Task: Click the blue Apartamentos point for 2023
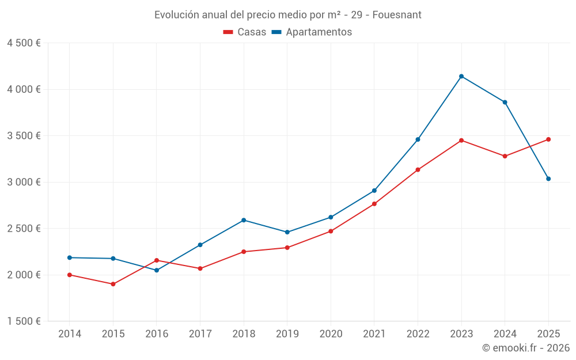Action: pos(461,76)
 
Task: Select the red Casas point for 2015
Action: pos(113,284)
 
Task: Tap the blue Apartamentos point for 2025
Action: pos(548,179)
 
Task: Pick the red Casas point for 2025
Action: pos(548,139)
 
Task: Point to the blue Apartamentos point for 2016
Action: pos(157,270)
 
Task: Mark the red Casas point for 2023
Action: pos(461,140)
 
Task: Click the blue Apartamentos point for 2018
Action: pos(244,220)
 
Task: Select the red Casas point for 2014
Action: pos(70,275)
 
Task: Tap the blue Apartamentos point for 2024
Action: pos(505,102)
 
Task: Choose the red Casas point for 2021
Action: pos(374,204)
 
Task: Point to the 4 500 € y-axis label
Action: pos(24,43)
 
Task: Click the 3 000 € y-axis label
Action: pos(24,182)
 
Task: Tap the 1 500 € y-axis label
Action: pos(24,321)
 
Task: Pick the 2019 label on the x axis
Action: pos(287,334)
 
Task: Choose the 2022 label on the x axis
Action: pos(418,334)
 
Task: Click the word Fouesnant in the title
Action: pos(397,14)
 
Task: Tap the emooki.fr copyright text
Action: pos(525,348)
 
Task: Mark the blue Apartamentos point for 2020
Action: pos(331,217)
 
